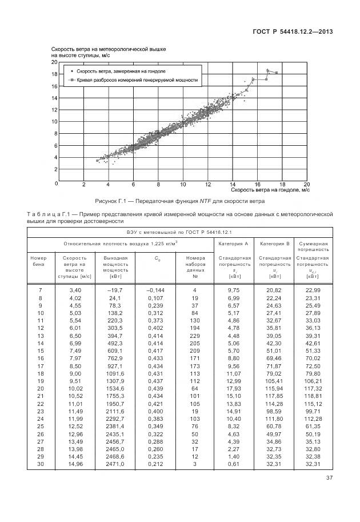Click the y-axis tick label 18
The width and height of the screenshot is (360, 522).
click(x=54, y=74)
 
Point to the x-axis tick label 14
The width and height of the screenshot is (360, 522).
click(x=233, y=185)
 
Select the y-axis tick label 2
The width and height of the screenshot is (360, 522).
click(x=56, y=169)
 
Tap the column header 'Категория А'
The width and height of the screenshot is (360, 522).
click(x=234, y=244)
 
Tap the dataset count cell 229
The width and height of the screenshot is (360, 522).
click(x=194, y=336)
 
